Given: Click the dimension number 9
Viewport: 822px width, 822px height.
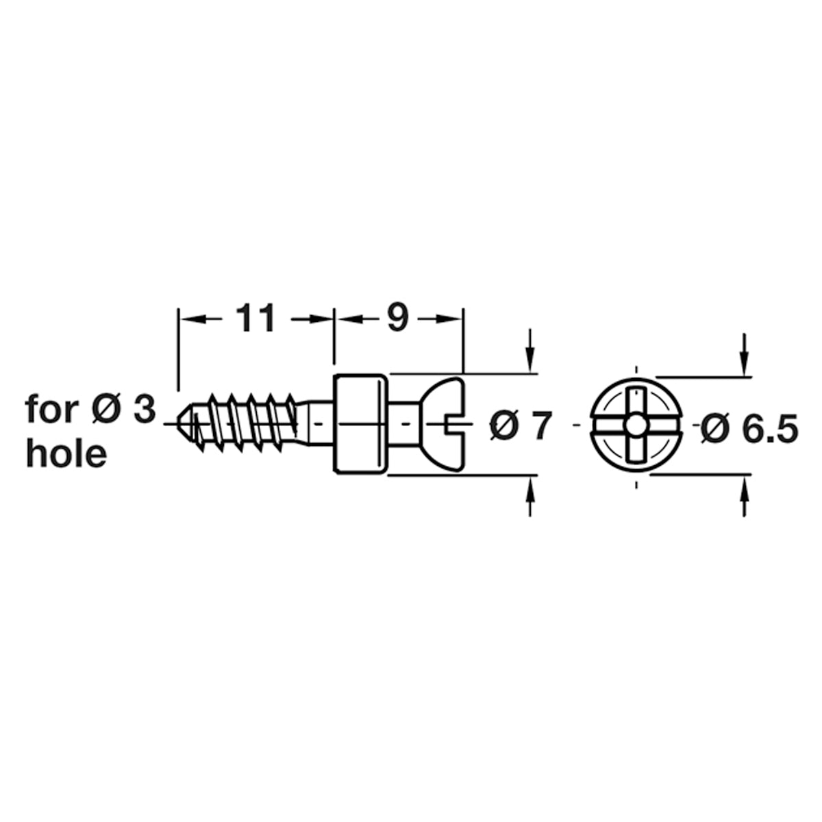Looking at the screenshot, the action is [398, 318].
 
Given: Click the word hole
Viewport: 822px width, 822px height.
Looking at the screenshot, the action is [66, 454].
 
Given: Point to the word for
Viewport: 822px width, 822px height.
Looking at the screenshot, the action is [51, 410].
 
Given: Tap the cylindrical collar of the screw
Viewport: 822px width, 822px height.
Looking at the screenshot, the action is [360, 424].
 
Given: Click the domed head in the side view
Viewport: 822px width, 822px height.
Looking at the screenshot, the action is [442, 424].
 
